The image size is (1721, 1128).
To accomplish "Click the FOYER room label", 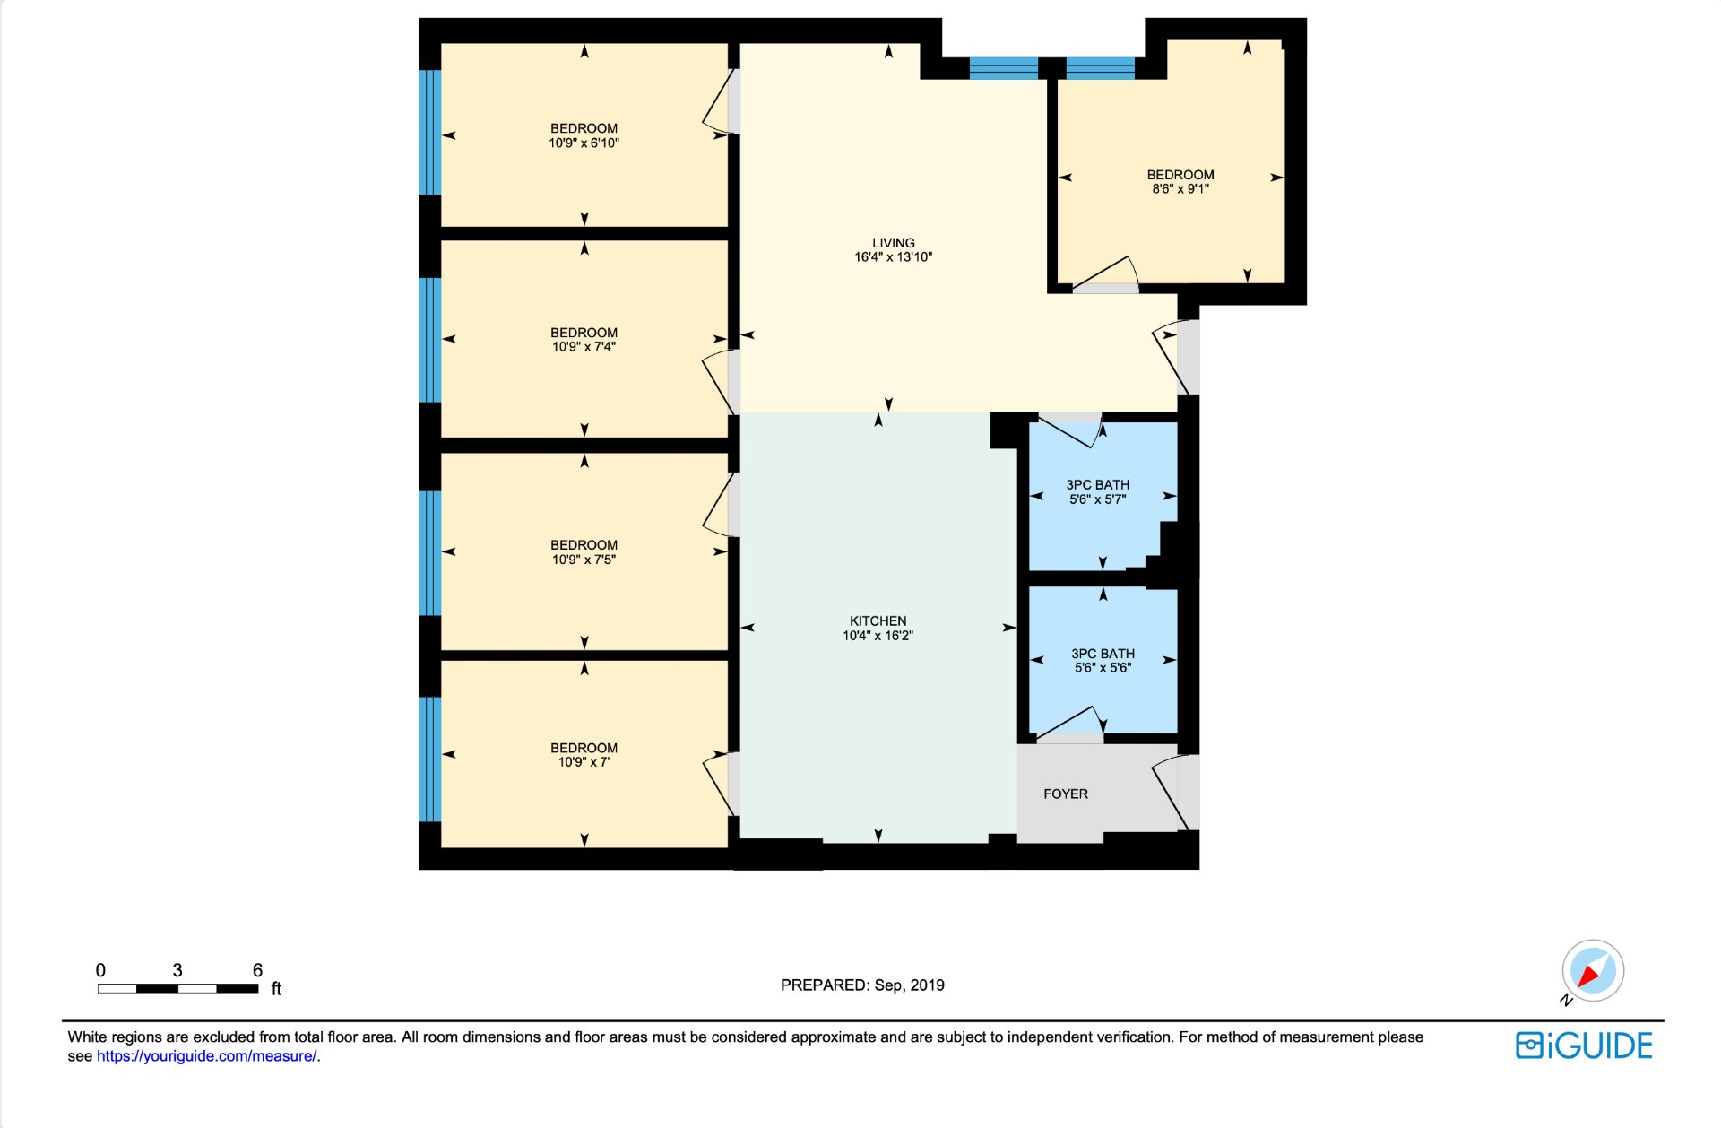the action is pos(1066,794).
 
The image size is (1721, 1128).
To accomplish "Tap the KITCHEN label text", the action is pos(878,621).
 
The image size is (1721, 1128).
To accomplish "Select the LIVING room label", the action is pos(894,243).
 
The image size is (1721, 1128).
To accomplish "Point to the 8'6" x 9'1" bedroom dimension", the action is pos(1180,189).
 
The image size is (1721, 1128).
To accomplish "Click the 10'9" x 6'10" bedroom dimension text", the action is pos(584,143).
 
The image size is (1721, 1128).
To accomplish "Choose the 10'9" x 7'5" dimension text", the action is pos(584,560).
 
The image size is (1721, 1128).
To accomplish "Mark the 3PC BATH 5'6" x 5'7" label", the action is pos(1098,492).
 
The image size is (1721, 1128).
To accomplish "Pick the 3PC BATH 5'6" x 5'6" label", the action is pos(1103,661).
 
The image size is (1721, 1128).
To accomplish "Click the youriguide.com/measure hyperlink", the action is pos(207,1056).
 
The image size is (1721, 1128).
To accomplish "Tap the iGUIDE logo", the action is pos(1584,1046).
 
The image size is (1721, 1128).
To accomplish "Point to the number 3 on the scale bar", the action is pos(177,970).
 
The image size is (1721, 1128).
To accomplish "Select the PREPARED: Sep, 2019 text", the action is pos(862,985).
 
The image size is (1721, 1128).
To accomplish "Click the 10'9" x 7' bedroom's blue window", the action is pos(430,759).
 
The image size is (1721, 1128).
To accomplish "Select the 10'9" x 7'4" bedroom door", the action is pos(721,381).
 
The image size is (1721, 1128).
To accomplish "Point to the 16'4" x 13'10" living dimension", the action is pos(894,257).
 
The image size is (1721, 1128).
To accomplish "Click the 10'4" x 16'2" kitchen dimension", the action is pos(878,636).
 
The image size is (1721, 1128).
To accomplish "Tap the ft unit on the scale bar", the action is pos(276,989).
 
